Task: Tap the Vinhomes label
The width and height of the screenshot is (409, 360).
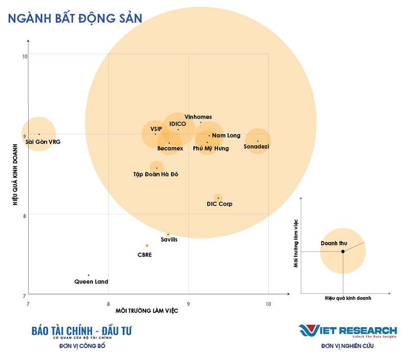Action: pos(198,117)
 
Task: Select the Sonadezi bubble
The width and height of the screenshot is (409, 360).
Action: pos(258,141)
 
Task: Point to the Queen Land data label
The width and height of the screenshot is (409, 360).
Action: pos(91,282)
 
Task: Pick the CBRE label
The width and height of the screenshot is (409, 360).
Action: pos(145,255)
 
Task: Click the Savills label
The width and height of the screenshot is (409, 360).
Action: pos(169,240)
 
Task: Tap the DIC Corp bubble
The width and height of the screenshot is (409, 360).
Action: pos(218,197)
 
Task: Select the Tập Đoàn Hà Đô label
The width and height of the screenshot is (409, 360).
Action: pos(155,174)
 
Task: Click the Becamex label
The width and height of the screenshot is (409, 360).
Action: pos(170,148)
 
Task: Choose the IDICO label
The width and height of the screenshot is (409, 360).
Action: pos(177,124)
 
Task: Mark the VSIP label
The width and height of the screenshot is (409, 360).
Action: pos(156,129)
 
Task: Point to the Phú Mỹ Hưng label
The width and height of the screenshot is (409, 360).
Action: pos(211,148)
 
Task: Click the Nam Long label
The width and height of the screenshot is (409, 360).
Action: pos(226,136)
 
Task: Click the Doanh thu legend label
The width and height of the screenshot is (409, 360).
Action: pos(333,243)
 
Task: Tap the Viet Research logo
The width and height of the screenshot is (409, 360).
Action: pos(348,331)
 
